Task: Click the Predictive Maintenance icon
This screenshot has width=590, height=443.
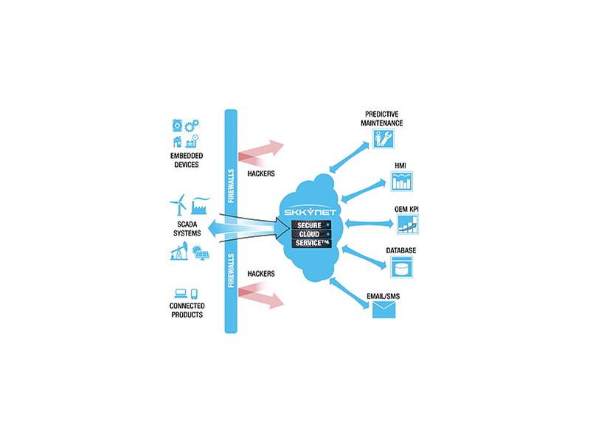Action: (x=383, y=138)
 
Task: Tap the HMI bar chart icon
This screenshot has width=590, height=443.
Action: (x=402, y=181)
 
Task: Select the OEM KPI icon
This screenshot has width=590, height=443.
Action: (x=408, y=224)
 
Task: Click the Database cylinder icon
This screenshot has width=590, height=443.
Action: (x=401, y=267)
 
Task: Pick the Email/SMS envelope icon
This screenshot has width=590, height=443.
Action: (x=383, y=310)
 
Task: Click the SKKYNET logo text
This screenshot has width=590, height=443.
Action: (x=310, y=212)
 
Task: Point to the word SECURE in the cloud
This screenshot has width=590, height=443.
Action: (x=309, y=225)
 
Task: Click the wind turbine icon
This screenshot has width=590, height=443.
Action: (x=178, y=205)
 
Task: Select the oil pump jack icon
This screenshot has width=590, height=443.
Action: (x=179, y=250)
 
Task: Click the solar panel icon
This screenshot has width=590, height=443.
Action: (x=200, y=253)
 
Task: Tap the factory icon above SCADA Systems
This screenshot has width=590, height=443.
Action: (x=200, y=206)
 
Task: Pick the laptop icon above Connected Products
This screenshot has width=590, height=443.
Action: (x=181, y=293)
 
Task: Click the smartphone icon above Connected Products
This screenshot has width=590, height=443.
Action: (x=194, y=294)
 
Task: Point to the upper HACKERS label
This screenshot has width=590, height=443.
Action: (x=261, y=174)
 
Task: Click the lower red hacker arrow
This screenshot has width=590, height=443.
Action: (x=261, y=297)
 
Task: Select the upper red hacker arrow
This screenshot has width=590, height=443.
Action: (x=261, y=153)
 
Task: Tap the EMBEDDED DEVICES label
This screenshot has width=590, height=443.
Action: (x=187, y=160)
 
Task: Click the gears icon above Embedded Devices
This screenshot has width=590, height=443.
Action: (x=192, y=126)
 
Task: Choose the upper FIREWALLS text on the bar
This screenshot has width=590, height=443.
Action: (x=231, y=186)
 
